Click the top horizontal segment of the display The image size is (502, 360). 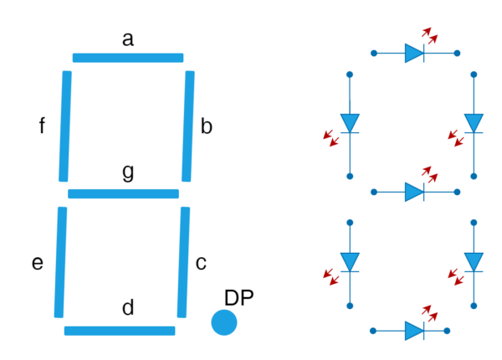coord(128,58)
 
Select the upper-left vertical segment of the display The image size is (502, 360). coord(64,126)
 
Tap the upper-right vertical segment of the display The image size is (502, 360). coord(187,126)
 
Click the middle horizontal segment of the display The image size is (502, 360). coord(123,193)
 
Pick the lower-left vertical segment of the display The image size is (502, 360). coord(60,262)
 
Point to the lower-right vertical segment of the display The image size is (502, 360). coord(183,262)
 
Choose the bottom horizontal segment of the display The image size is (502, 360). coord(120,331)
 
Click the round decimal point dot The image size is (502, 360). coord(224,322)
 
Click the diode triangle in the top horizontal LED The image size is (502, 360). coord(413,53)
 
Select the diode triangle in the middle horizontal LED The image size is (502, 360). coord(413,192)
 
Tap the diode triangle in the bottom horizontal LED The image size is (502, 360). coord(413,331)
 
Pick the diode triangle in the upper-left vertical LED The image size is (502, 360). coord(350,122)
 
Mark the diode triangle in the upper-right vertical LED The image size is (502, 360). coord(474,122)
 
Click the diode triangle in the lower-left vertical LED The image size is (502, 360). coord(350,261)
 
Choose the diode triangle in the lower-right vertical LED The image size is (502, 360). coord(474,261)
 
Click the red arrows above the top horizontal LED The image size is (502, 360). coord(430,35)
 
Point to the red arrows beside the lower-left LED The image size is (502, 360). coord(331,276)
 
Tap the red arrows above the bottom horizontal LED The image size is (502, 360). coord(430,313)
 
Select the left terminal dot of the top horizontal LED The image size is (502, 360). coord(374,53)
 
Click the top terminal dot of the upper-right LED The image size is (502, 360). coord(474,75)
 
